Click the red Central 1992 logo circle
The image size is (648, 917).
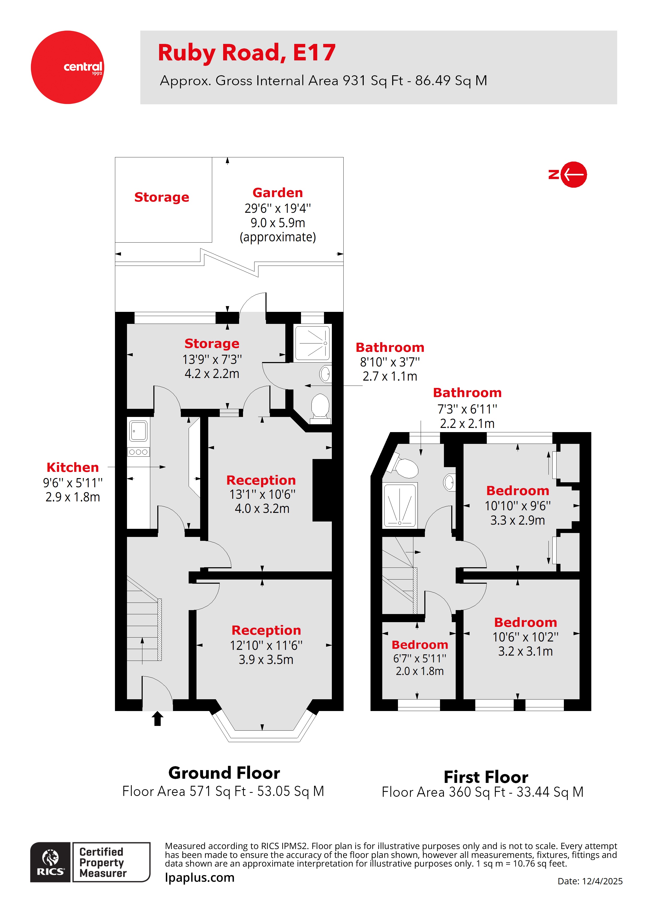(67, 67)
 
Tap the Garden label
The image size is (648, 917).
(277, 193)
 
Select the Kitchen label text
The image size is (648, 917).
(73, 467)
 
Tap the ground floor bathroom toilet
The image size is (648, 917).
(320, 407)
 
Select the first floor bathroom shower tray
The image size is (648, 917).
(400, 505)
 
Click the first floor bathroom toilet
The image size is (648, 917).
(405, 467)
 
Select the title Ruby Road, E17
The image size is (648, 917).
(246, 53)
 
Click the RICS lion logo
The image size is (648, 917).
(51, 862)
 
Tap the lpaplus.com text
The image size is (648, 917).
(200, 878)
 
